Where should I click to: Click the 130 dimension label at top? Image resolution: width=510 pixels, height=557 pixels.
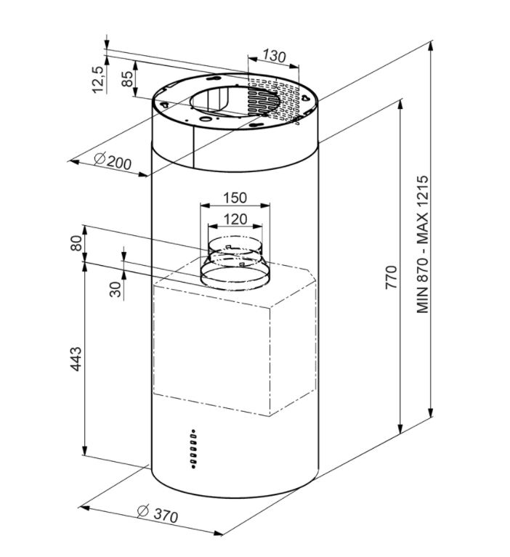tap(274, 56)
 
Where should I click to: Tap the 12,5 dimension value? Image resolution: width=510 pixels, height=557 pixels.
tap(99, 81)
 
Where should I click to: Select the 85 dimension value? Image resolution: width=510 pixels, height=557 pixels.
tap(127, 78)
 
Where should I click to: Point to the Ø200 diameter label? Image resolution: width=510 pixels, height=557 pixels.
tap(113, 161)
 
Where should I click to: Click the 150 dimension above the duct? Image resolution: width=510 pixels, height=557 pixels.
tap(235, 198)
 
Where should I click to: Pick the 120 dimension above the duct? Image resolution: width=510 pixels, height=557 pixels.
tap(235, 219)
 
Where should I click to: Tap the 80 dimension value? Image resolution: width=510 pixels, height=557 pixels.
tap(76, 243)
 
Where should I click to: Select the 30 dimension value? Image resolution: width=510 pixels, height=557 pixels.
tap(116, 290)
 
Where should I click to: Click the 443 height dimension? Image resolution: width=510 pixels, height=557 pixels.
tap(76, 359)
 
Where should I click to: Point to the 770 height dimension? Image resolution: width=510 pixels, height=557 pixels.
tap(391, 277)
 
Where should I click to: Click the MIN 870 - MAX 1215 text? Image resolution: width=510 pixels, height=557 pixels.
tap(423, 245)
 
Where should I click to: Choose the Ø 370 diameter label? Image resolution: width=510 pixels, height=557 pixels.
tap(158, 514)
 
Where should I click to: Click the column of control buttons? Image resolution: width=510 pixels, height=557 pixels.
tap(193, 449)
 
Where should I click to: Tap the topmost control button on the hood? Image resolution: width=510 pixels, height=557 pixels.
tap(194, 431)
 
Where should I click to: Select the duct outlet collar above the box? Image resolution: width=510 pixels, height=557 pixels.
tap(235, 263)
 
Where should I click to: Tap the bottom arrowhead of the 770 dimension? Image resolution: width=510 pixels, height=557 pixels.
tap(401, 428)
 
